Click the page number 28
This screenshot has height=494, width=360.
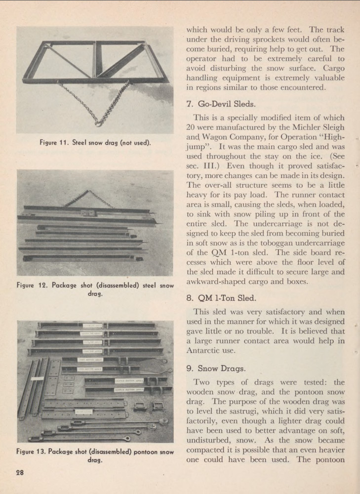tap(20, 471)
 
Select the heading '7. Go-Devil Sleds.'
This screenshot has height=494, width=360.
tap(218, 104)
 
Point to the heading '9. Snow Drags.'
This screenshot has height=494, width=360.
tap(213, 368)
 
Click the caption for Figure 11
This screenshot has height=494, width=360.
tap(95, 143)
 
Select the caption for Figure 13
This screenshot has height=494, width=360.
tap(95, 456)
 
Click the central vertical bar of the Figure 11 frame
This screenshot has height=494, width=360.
tap(94, 59)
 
